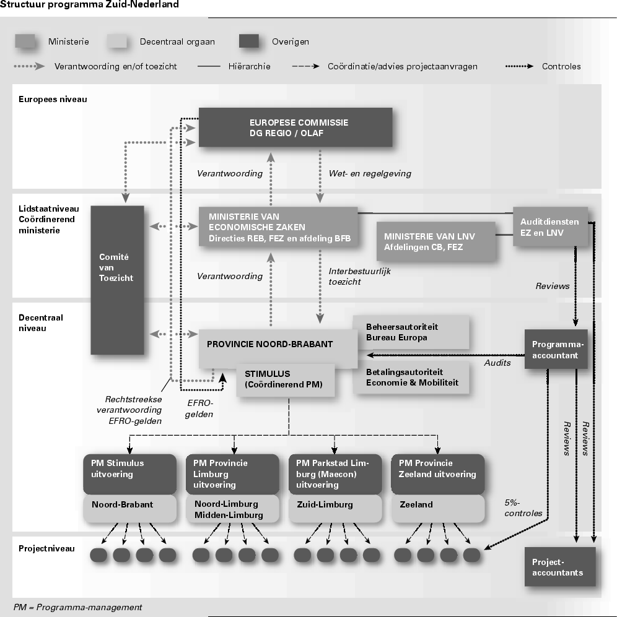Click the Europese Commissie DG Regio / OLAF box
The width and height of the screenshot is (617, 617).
pyautogui.click(x=295, y=127)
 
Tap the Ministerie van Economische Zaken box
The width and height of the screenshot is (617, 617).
pyautogui.click(x=278, y=227)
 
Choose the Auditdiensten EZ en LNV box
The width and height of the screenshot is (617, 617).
pyautogui.click(x=550, y=227)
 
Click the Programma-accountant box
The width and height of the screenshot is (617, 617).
pyautogui.click(x=555, y=350)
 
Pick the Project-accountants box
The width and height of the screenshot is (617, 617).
pyautogui.click(x=559, y=567)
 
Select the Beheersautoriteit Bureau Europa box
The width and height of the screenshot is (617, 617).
pyautogui.click(x=410, y=332)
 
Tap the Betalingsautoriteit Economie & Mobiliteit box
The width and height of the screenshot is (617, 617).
pyautogui.click(x=410, y=378)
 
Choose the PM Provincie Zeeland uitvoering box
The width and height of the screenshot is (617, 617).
pyautogui.click(x=437, y=473)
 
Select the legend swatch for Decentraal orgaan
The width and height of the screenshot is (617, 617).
pyautogui.click(x=117, y=42)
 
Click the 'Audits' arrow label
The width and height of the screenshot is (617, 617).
pyautogui.click(x=497, y=363)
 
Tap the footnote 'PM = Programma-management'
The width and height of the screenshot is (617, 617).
pyautogui.click(x=78, y=607)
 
